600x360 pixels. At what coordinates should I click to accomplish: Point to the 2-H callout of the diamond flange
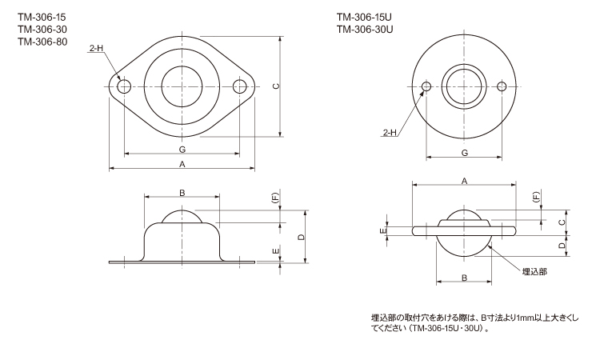96,49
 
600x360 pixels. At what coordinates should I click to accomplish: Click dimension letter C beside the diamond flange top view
275,87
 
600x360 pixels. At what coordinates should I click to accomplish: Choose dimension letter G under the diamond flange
182,150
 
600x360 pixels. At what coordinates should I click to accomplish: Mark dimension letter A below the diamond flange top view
182,164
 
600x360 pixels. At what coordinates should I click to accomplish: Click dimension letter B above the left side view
182,193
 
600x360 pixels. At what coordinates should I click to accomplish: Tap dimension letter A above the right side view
464,181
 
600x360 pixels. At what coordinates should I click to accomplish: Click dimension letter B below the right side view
464,278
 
